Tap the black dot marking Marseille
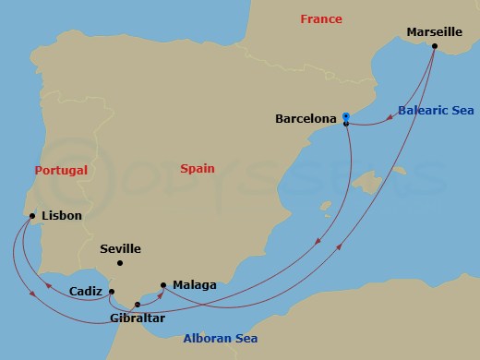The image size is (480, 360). [434, 45]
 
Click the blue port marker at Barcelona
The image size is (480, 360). [345, 115]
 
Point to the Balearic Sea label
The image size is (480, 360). [436, 110]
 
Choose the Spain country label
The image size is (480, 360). [197, 169]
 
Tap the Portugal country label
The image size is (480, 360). [61, 170]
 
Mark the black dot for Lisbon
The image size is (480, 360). [33, 217]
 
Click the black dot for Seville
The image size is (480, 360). [119, 264]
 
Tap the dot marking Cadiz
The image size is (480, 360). [112, 292]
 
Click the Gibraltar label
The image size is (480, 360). [136, 318]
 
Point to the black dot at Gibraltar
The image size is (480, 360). [139, 304]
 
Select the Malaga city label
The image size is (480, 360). [194, 285]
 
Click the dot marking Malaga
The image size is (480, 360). [163, 285]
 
